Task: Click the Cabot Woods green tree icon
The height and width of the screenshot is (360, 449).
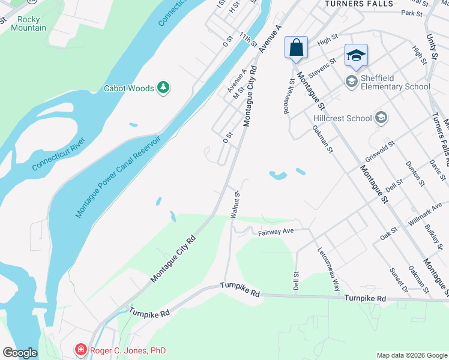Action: (x=163, y=88)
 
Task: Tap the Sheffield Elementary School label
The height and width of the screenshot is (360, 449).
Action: (x=396, y=82)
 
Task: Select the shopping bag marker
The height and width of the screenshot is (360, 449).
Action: (x=296, y=47)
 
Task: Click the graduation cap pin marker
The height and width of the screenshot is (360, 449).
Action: (x=356, y=55)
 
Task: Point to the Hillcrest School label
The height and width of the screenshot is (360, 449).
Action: (x=342, y=118)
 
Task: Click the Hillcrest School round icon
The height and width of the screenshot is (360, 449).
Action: (x=379, y=118)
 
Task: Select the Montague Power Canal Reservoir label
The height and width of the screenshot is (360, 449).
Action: (x=118, y=177)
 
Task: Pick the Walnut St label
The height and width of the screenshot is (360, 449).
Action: (x=235, y=205)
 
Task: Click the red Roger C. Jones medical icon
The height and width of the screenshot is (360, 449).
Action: (x=80, y=349)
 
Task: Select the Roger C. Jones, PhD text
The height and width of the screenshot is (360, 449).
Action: (x=127, y=350)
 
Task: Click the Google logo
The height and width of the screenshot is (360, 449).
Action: (x=20, y=353)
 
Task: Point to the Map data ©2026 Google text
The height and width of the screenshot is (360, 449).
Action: (x=412, y=355)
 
